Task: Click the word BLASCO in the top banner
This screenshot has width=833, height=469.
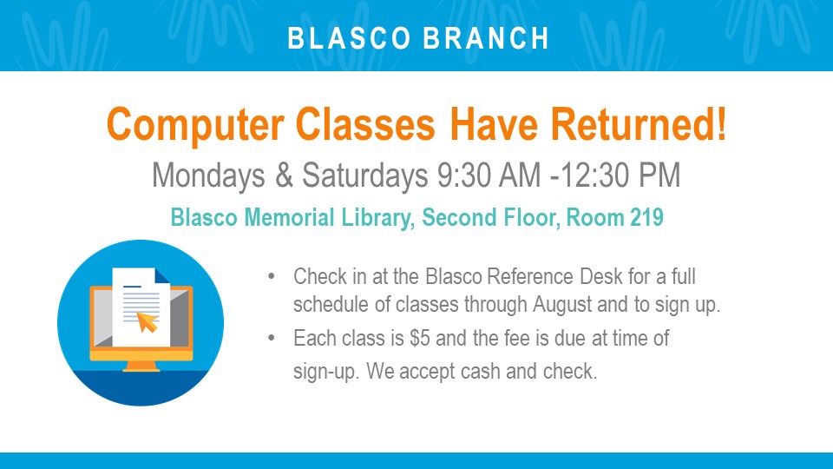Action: [x=349, y=38]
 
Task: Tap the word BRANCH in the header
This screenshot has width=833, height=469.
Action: [x=487, y=38]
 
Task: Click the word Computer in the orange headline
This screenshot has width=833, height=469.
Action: [x=195, y=125]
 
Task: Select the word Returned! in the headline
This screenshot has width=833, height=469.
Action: [x=638, y=124]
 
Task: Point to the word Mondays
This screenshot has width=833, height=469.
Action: [x=208, y=175]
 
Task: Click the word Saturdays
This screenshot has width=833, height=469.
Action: [x=365, y=175]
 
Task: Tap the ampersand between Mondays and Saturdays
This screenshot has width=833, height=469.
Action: [x=285, y=175]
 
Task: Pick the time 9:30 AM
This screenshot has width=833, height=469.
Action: [x=489, y=175]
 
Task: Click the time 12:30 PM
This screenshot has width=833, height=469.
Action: [x=620, y=175]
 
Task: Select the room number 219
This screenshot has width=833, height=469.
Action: [x=646, y=217]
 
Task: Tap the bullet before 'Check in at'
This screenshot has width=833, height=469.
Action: [x=272, y=276]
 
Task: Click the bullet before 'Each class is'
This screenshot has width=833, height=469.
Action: [x=272, y=338]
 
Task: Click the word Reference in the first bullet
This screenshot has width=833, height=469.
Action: [x=530, y=276]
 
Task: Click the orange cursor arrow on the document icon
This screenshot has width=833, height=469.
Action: [x=148, y=321]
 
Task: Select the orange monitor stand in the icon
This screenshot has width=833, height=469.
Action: [x=141, y=366]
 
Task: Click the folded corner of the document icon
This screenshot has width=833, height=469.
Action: [x=161, y=275]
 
